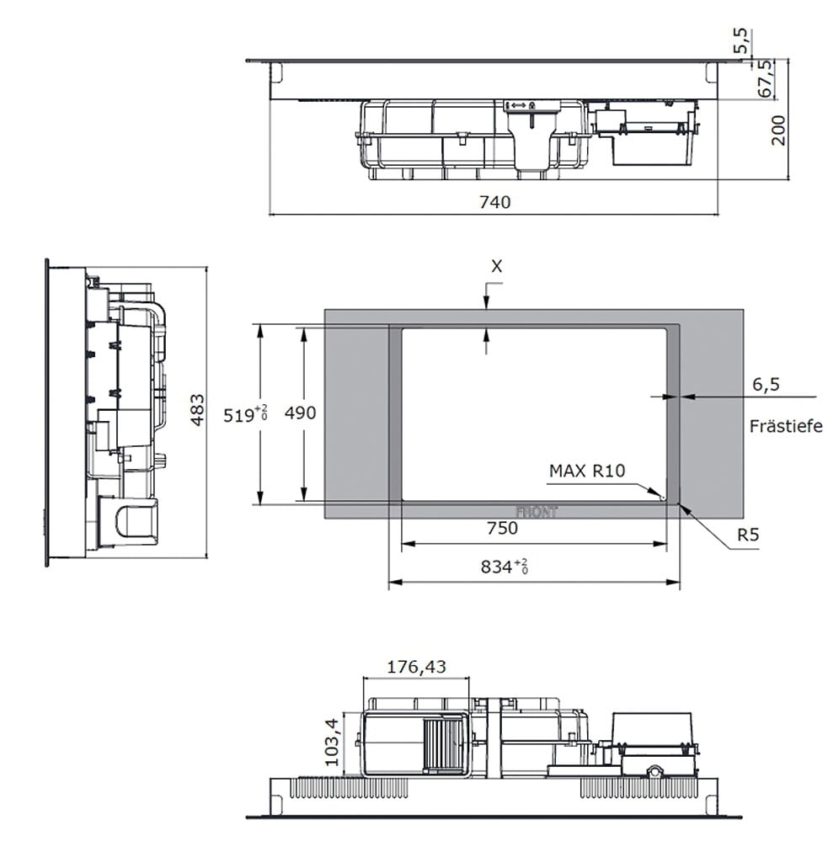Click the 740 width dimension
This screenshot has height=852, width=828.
494,202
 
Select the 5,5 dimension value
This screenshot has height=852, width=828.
741,40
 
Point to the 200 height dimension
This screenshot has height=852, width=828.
778,130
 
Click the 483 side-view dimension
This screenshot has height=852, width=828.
197,410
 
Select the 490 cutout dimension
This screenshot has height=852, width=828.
300,413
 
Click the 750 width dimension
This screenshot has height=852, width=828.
502,528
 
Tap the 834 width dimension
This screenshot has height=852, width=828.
505,567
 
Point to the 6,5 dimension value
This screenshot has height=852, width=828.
766,385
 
